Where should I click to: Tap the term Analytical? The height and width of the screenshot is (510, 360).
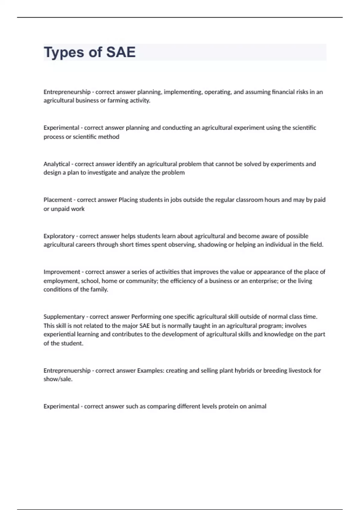(57, 164)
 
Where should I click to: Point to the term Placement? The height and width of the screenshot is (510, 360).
(58, 200)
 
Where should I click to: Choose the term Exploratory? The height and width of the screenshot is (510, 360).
(59, 236)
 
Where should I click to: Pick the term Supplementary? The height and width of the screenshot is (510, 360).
(64, 317)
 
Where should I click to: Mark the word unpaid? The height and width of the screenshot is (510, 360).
(60, 209)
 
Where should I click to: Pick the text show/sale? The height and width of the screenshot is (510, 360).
(58, 379)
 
